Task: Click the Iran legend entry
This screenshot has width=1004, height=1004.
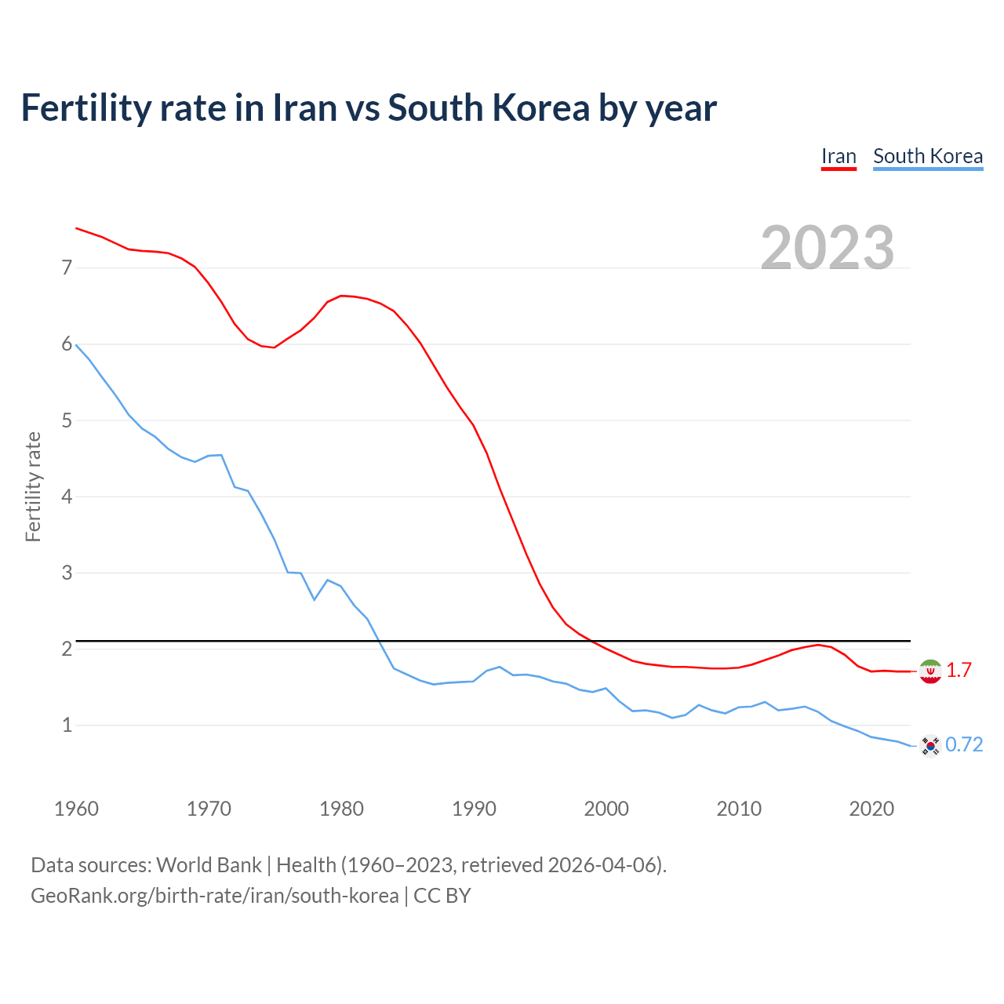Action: pos(838,156)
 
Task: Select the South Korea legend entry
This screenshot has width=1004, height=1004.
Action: pos(928,156)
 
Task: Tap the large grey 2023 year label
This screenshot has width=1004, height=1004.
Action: pos(828,247)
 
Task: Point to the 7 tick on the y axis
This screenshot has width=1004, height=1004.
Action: pos(67,268)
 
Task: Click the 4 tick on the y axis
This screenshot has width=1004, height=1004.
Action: pos(67,497)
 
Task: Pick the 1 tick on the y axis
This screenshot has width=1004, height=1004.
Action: pos(67,725)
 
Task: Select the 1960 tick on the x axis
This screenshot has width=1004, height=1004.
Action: pos(76,809)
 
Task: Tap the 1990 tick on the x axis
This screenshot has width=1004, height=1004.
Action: pos(474,809)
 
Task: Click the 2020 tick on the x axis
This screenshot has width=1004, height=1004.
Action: pos(871,809)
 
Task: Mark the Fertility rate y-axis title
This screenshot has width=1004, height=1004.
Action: pos(33,486)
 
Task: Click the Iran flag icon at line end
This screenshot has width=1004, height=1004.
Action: pos(930,671)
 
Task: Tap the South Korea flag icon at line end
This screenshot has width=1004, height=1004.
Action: pos(930,745)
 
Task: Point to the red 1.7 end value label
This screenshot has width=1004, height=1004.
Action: pos(959,671)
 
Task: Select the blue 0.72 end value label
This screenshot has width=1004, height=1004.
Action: pos(964,745)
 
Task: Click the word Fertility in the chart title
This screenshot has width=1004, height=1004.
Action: pos(84,108)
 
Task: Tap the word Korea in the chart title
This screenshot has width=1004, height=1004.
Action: pos(540,108)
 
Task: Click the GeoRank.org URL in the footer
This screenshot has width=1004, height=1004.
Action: pos(214,896)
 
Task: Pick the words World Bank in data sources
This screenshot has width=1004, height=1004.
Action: pos(209,865)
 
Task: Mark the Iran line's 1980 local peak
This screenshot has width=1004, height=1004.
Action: pos(341,296)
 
